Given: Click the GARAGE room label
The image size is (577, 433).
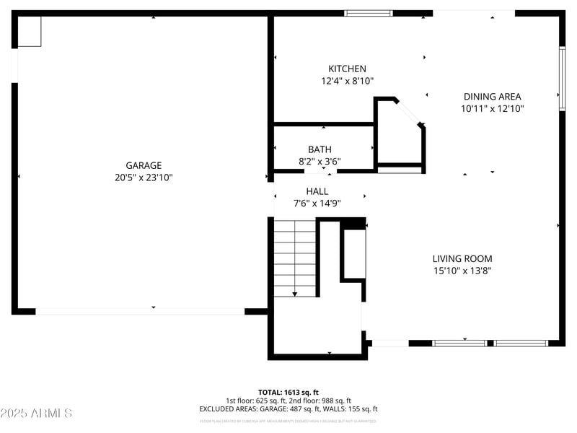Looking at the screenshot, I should pos(144,165).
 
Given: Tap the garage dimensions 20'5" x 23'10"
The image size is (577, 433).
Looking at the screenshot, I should pos(144,177).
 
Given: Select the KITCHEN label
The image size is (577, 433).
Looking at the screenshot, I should pos(348,69).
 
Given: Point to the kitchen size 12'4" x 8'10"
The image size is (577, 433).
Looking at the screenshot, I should pos(348,82).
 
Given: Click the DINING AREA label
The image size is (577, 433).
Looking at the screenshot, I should pos(492,97).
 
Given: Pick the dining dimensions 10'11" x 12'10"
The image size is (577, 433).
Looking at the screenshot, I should pos(492,109).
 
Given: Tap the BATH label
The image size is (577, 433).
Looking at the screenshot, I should pos(320,149).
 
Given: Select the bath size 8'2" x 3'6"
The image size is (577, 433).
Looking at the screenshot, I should pos(320,162).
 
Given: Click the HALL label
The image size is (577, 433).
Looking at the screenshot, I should pos(317,191).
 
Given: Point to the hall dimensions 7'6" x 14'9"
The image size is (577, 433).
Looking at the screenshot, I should pos(317,204).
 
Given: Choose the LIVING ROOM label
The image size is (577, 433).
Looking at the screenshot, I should pos(462,259).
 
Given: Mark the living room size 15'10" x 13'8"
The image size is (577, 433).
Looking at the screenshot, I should pos(462,271).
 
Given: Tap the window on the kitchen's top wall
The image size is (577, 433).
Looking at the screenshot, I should pos(369,13).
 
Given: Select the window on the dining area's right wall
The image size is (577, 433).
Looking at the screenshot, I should pos(562,79).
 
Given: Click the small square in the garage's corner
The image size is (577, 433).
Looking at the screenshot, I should pos(30,32).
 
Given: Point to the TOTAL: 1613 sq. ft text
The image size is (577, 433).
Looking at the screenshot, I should pos(288,392).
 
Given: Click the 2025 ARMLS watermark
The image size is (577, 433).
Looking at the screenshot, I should pos(36,414).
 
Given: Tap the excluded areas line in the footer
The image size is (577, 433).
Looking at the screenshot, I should pos(288,409).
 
